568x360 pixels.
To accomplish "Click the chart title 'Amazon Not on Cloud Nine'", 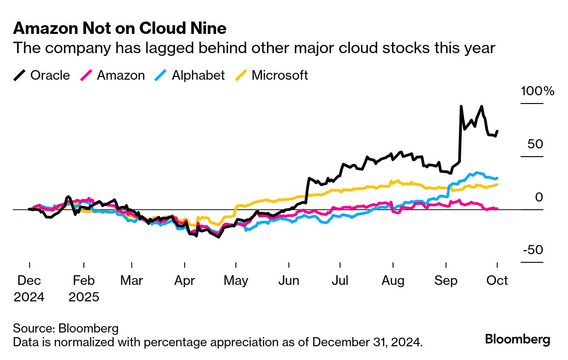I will click(x=120, y=28).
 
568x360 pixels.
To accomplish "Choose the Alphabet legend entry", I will click(x=189, y=75).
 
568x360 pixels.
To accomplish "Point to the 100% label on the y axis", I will click(x=537, y=91).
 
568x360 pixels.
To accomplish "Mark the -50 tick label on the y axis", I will click(x=533, y=250).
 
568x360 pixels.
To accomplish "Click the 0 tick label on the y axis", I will click(x=539, y=197).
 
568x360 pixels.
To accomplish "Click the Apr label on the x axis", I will click(x=185, y=280).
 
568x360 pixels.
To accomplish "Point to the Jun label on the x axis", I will click(x=289, y=280).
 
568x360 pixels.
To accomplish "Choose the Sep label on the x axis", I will click(x=446, y=280).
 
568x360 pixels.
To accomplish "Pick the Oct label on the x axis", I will click(x=497, y=280).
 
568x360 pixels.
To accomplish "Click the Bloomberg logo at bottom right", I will click(x=518, y=339).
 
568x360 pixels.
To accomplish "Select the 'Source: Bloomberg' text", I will click(x=66, y=328).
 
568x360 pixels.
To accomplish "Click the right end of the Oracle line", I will click(x=497, y=131).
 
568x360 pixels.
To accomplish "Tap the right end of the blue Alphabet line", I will click(x=497, y=178).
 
